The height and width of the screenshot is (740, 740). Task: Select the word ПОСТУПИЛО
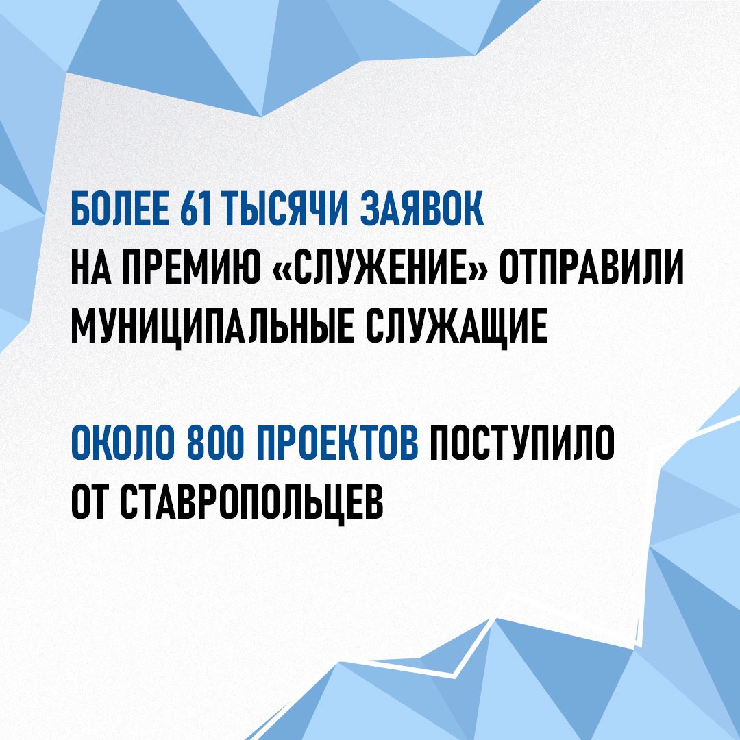[523, 446]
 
